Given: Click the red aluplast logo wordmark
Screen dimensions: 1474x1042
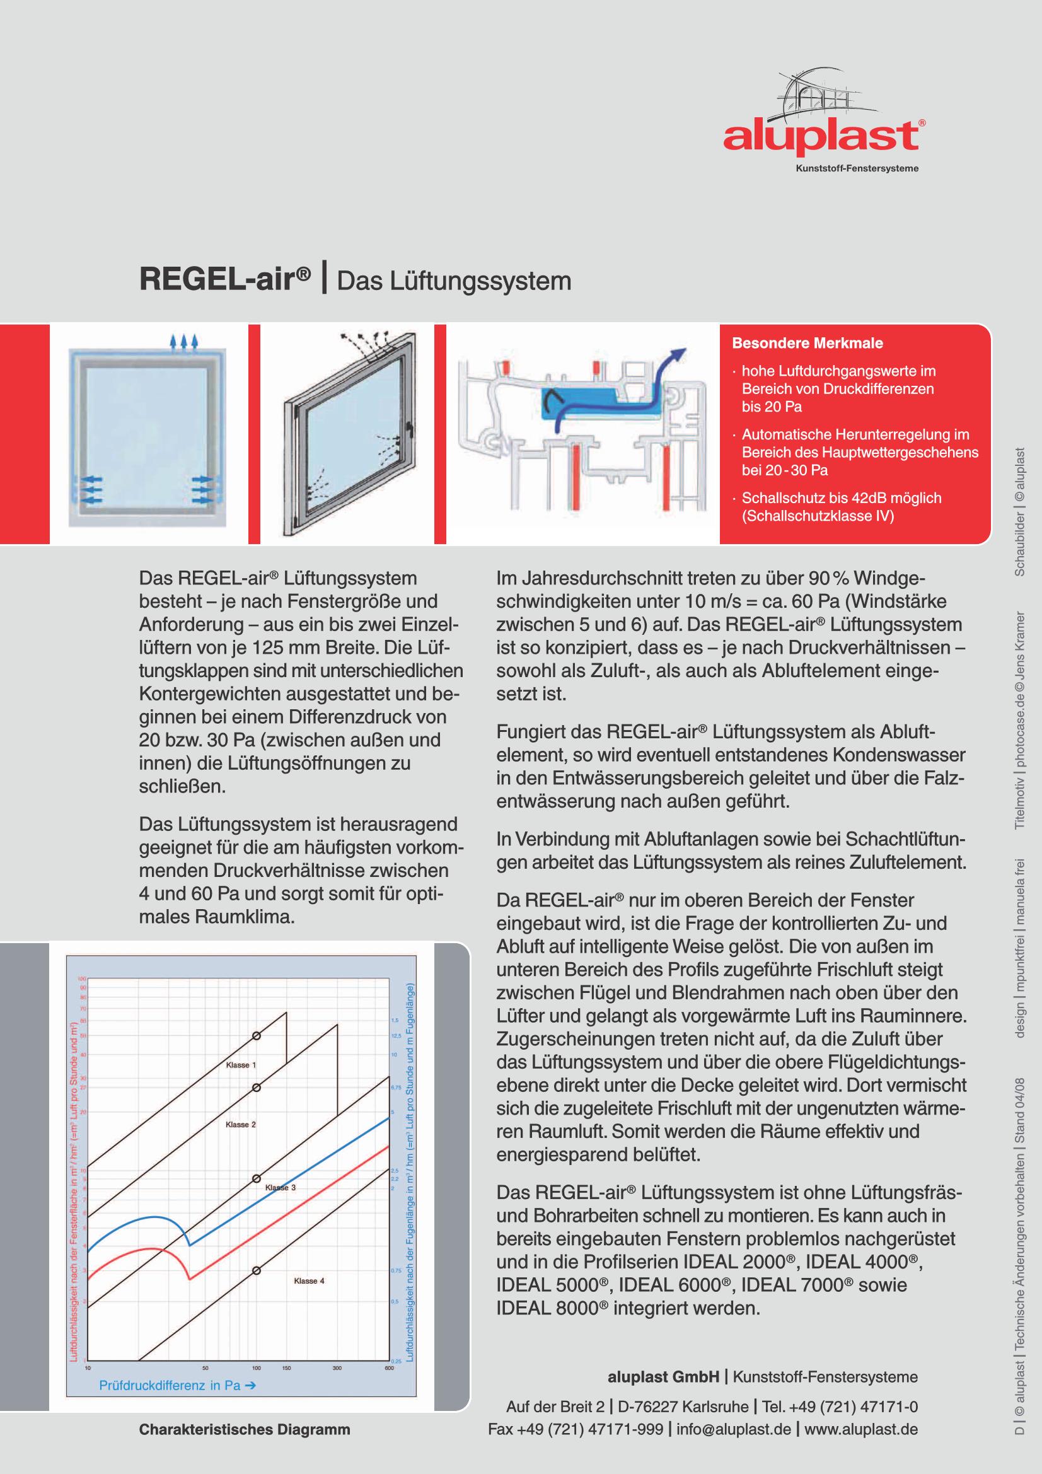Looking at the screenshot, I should pos(821,137).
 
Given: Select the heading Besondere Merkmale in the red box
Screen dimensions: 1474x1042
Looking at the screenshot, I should pos(807,343).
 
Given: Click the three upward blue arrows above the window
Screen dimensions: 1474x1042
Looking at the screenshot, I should pos(183,340).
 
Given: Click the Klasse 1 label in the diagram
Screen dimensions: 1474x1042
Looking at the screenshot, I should pos(241,1065).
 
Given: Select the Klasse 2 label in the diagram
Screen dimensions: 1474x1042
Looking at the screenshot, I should pos(240,1124).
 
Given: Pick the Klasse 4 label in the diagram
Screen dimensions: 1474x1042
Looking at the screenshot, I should pos(309,1280).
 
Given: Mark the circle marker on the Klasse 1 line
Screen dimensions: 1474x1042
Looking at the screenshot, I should pos(256,1036).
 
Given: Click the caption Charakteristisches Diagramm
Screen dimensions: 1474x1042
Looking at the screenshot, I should pos(245,1430).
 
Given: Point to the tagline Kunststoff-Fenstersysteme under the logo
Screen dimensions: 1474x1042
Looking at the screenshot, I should pos(857,169).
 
